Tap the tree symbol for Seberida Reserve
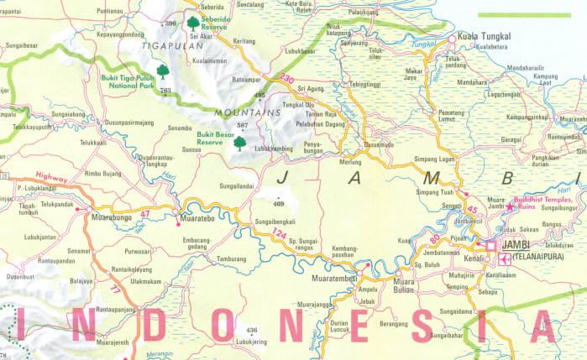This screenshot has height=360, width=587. [193, 23]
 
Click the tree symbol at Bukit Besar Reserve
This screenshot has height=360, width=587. [240, 143]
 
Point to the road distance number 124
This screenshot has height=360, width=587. [279, 233]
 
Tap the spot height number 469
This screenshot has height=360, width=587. [278, 203]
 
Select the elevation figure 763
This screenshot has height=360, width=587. [165, 90]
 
